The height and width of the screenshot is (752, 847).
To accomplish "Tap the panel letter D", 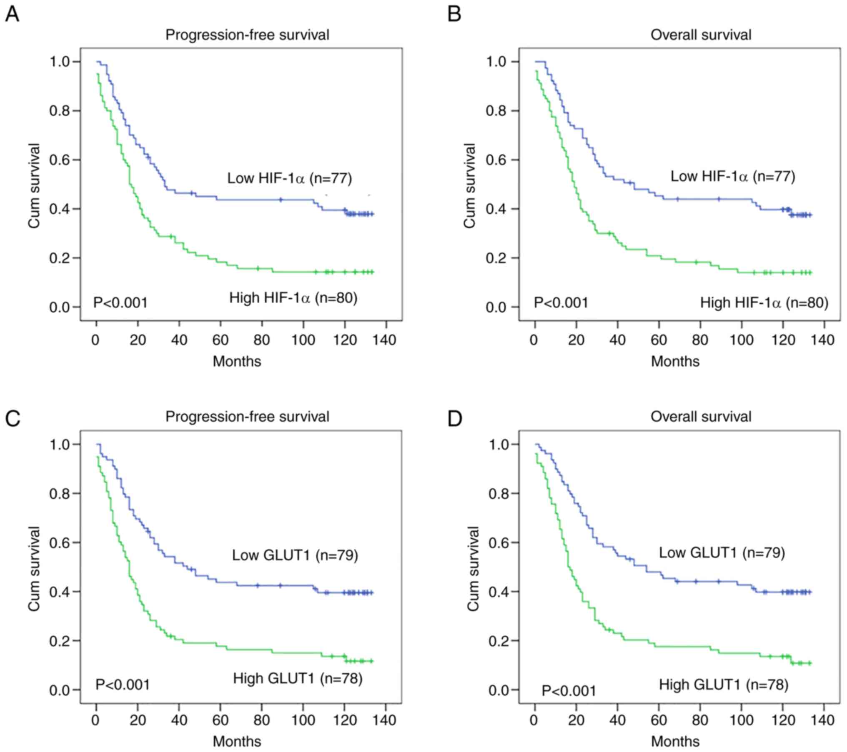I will coord(454,419).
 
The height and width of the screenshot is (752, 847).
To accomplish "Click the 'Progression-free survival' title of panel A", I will coord(247,35).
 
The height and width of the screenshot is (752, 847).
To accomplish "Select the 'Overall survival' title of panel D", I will coord(701,417).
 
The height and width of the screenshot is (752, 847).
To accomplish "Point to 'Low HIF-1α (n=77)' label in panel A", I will coord(289,178).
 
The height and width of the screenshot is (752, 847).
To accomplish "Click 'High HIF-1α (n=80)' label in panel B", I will coord(764,302).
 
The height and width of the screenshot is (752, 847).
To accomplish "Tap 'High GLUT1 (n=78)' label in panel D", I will coord(723,685).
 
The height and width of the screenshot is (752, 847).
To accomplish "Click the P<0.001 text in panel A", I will coord(120,302).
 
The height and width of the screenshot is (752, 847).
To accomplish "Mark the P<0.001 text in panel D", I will coord(569,691).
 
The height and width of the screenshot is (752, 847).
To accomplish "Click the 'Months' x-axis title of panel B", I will coord(675,361).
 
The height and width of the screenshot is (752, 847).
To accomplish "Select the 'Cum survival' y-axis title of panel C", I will coord(34,569).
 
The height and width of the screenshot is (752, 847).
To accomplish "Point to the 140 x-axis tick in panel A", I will coord(384,340).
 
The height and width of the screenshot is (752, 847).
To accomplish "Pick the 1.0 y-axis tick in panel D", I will coord(499,445).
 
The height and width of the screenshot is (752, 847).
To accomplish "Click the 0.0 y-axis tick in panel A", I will coord(59,307).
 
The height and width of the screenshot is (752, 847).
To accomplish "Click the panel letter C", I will coord(13,419).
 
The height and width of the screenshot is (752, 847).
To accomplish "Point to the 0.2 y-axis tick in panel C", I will coord(59,641).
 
